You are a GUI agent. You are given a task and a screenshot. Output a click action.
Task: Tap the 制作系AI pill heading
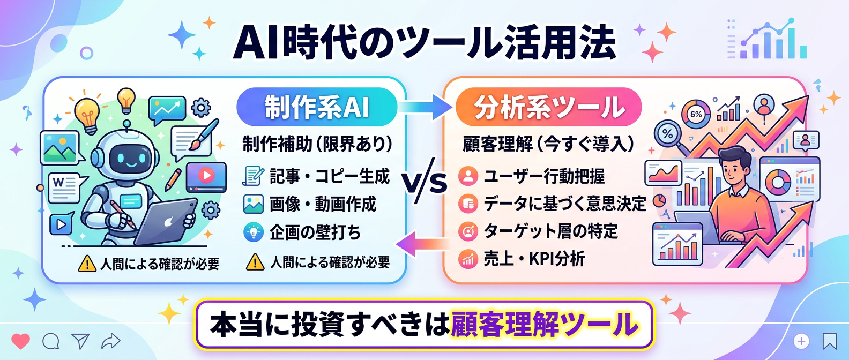(x=317, y=107)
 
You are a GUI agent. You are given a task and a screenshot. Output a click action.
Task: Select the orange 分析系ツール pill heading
(x=548, y=107)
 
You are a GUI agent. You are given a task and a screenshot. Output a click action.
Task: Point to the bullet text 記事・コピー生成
(x=329, y=176)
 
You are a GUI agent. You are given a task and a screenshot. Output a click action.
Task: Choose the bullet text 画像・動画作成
(x=323, y=204)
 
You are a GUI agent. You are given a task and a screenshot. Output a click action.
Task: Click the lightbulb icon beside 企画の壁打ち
(x=253, y=232)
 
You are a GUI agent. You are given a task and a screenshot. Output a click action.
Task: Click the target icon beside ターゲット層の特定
(x=468, y=231)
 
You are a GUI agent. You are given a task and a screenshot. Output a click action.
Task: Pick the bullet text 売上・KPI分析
(x=534, y=259)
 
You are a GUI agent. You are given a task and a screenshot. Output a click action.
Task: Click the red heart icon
(x=21, y=341)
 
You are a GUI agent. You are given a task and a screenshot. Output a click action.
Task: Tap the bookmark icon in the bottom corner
(x=830, y=341)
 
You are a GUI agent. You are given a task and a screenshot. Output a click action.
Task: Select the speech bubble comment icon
(x=51, y=341)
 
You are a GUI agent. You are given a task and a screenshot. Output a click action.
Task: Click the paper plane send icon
(x=80, y=341)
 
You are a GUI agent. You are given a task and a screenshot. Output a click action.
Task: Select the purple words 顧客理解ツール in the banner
(x=545, y=325)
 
